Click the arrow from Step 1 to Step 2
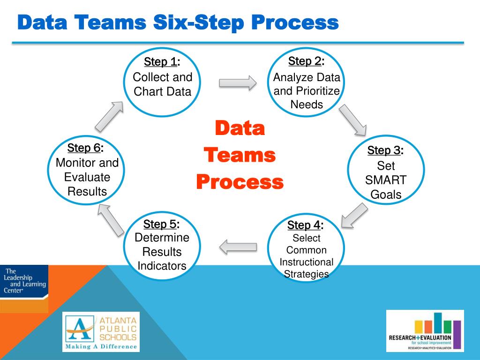[238, 83]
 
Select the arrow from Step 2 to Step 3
[352, 119]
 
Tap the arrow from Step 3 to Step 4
[353, 215]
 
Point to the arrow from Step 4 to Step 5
[238, 247]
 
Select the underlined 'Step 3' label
[384, 150]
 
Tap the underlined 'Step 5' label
[160, 224]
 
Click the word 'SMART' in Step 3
[386, 180]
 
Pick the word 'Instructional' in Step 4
[307, 262]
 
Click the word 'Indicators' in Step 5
[162, 266]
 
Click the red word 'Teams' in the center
[240, 155]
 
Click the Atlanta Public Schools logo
[101, 332]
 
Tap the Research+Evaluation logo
[425, 331]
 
